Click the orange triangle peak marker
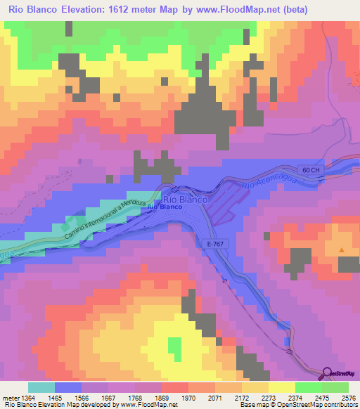point(342,250)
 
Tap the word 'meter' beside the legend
point(10,397)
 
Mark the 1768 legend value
point(135,397)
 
